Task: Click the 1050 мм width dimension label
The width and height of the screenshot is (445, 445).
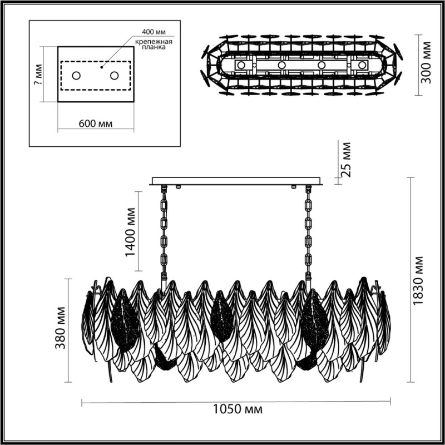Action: click(x=238, y=410)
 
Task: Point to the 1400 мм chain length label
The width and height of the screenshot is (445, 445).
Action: click(x=130, y=232)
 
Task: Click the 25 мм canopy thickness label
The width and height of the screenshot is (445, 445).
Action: click(x=346, y=160)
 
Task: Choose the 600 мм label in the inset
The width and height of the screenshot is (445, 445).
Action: click(x=95, y=123)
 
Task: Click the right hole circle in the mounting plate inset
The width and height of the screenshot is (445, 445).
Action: click(x=114, y=75)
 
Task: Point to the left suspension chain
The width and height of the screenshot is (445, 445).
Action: click(x=164, y=234)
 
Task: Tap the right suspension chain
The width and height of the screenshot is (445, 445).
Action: click(x=308, y=234)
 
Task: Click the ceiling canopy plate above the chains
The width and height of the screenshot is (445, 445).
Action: click(x=236, y=181)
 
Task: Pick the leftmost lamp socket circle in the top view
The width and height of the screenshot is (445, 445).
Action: click(x=241, y=65)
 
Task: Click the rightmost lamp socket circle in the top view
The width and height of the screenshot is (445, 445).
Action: click(x=363, y=65)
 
